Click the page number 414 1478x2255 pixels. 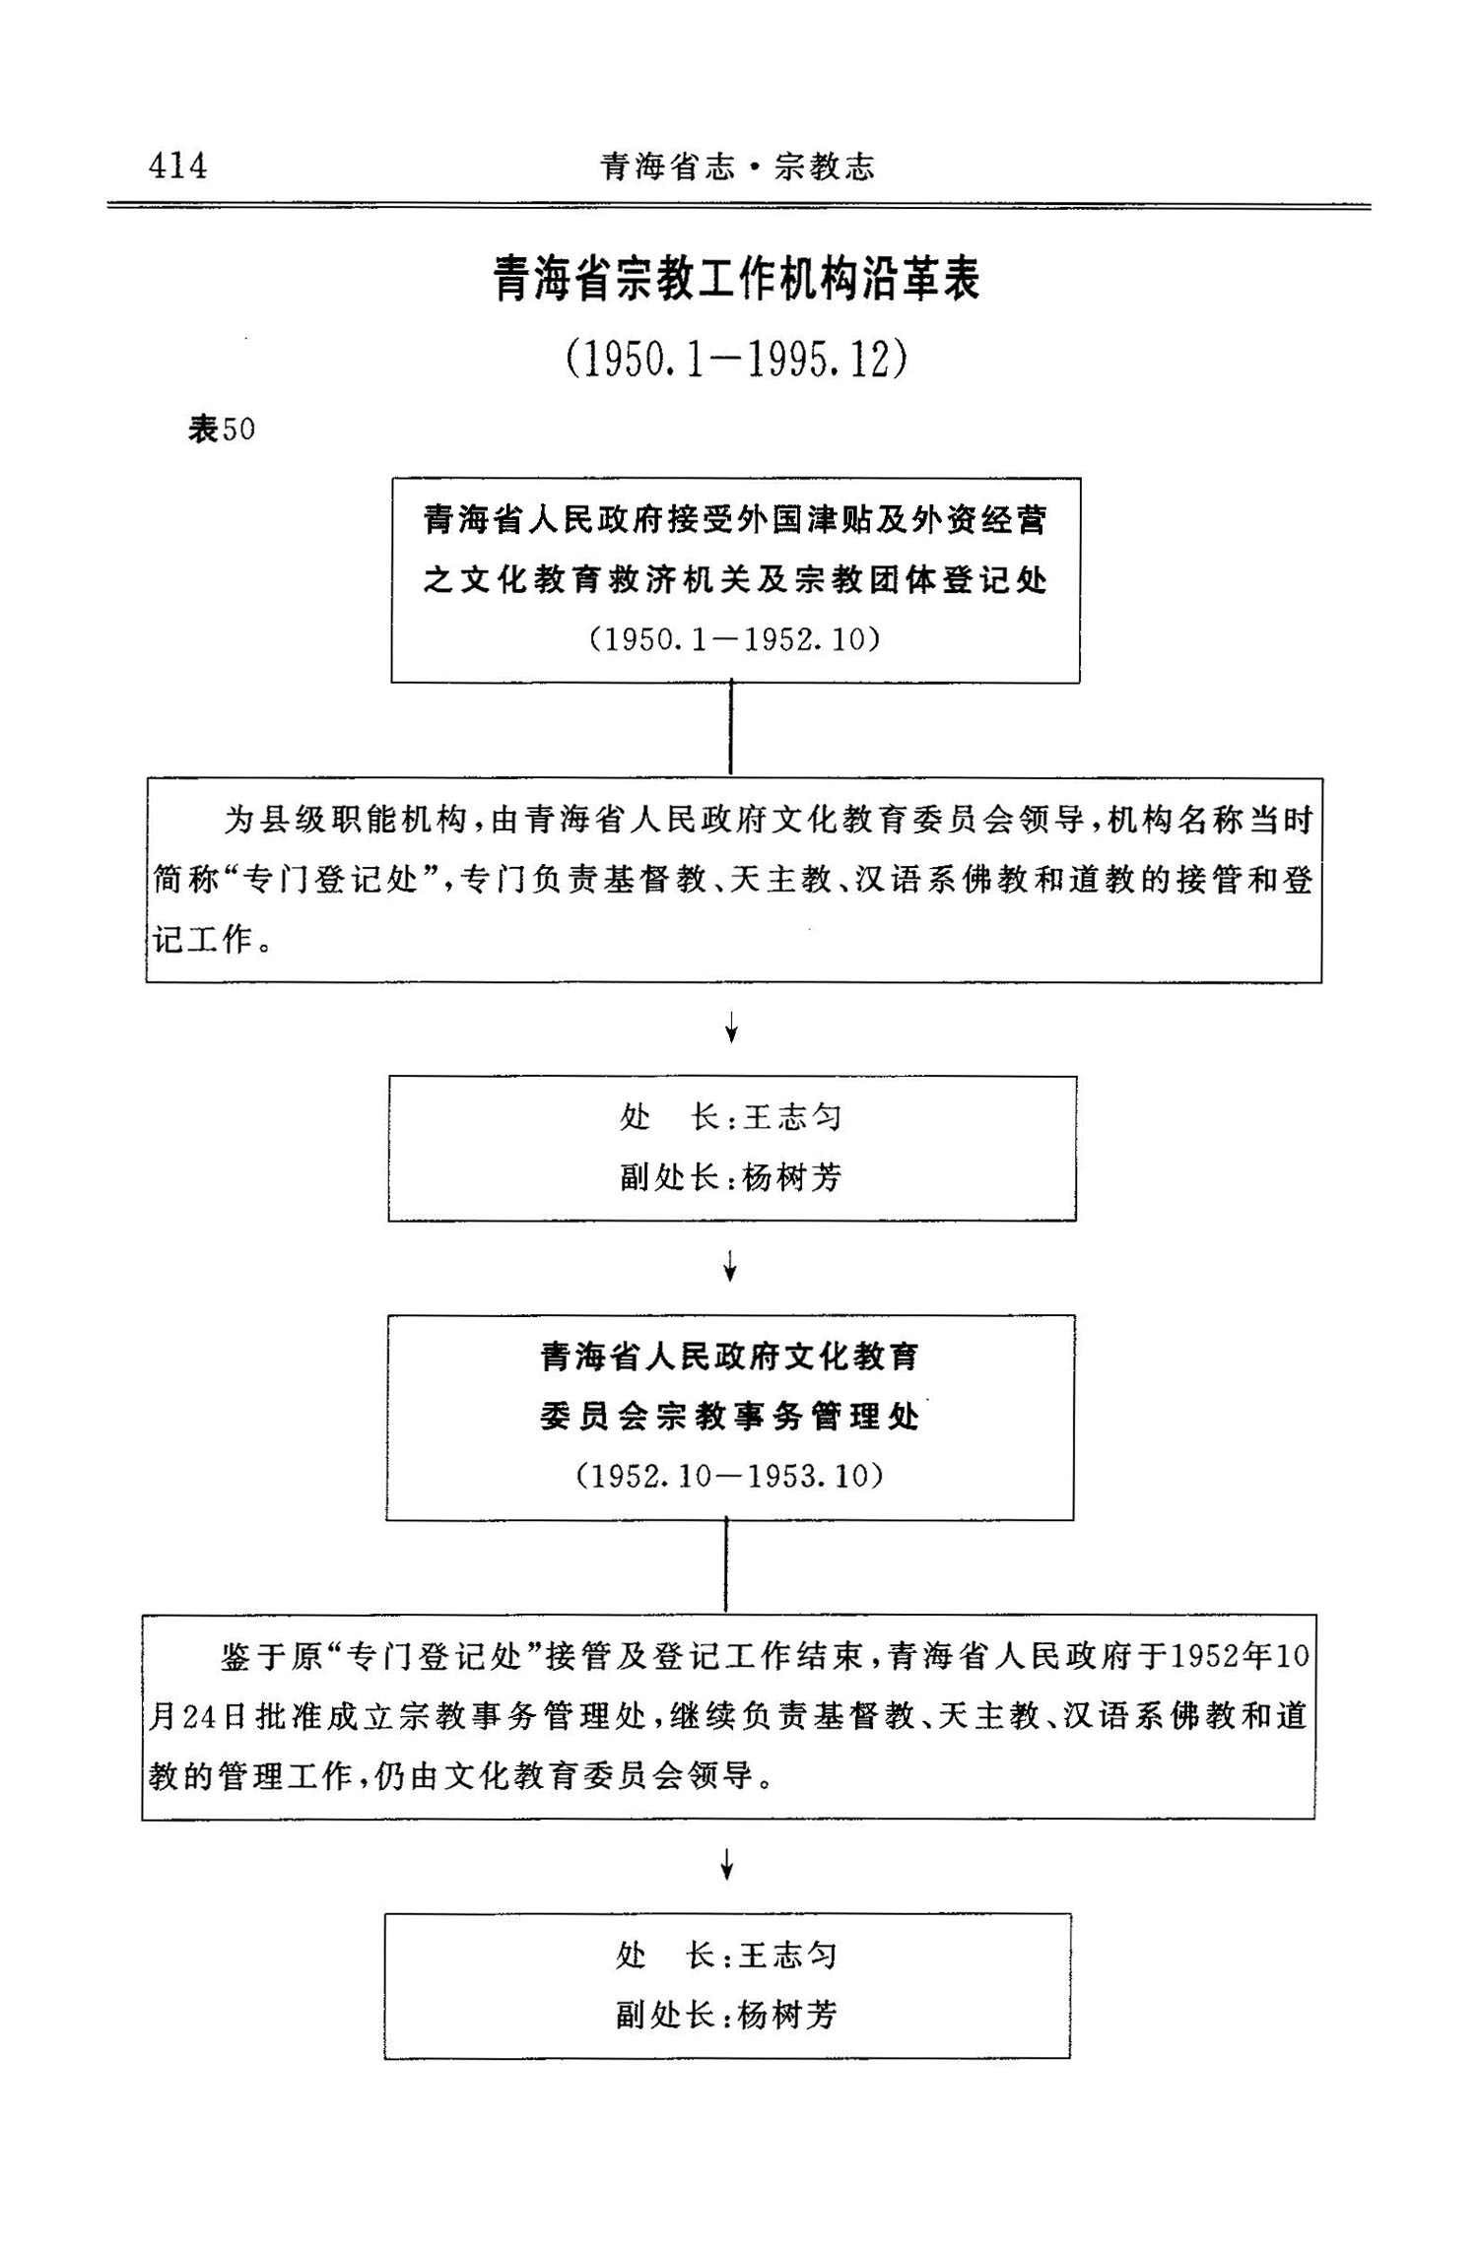point(178,166)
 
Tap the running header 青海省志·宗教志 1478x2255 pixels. point(737,166)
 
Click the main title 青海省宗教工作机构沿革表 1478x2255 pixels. point(737,279)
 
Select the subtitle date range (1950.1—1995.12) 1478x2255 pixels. point(737,360)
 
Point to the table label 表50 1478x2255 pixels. point(222,430)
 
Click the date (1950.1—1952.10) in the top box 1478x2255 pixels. point(735,639)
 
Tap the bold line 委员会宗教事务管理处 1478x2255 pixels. point(729,1417)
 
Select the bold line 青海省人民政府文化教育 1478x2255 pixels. point(729,1358)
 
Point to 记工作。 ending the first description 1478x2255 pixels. point(213,940)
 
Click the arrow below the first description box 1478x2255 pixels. point(731,1030)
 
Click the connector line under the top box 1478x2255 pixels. point(730,728)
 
